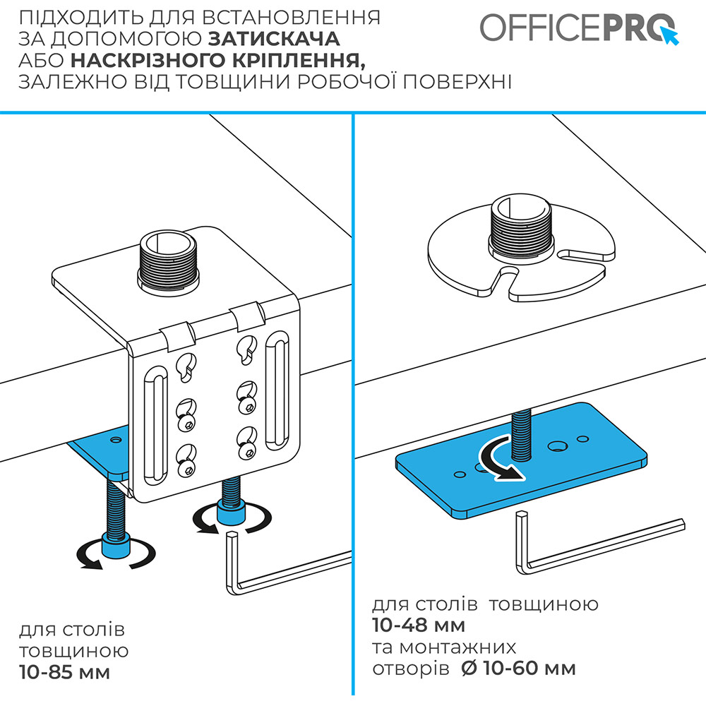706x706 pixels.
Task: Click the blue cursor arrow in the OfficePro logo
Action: [x=670, y=35]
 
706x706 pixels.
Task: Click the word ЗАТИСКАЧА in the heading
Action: [x=274, y=39]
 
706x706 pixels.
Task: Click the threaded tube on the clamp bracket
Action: [x=169, y=262]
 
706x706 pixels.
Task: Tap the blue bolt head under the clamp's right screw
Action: [x=231, y=512]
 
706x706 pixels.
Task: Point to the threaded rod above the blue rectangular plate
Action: [x=522, y=432]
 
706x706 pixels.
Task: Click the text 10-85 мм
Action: [x=64, y=672]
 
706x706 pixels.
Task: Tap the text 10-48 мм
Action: [x=419, y=625]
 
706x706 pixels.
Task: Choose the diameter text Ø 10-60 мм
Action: [x=519, y=668]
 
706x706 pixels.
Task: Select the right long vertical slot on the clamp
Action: [x=277, y=391]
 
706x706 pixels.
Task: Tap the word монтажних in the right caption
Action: [x=457, y=647]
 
